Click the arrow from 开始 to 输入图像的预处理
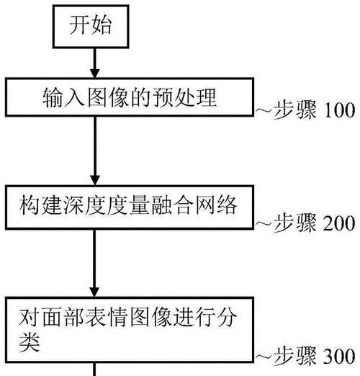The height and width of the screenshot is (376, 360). click(x=94, y=63)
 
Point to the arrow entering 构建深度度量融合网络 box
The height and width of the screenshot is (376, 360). click(x=95, y=151)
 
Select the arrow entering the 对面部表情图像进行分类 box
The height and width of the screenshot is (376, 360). click(x=94, y=264)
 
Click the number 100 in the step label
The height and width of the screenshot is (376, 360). click(x=340, y=110)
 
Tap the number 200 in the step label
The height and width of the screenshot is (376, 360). click(x=339, y=223)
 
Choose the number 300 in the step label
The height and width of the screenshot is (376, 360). click(x=339, y=357)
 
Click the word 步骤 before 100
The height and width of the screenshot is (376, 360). click(x=295, y=110)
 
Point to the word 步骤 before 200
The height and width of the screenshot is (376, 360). click(x=295, y=223)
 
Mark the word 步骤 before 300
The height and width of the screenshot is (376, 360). click(x=295, y=356)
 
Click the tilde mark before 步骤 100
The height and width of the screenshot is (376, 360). click(x=264, y=111)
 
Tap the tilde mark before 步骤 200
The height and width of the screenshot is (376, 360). click(x=264, y=223)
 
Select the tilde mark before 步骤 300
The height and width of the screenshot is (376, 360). click(x=264, y=357)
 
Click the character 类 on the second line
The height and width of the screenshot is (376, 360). click(x=30, y=342)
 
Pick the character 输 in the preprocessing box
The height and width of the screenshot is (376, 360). click(x=53, y=97)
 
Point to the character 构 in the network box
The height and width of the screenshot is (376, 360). click(x=30, y=205)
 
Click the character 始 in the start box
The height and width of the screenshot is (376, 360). click(x=102, y=25)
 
